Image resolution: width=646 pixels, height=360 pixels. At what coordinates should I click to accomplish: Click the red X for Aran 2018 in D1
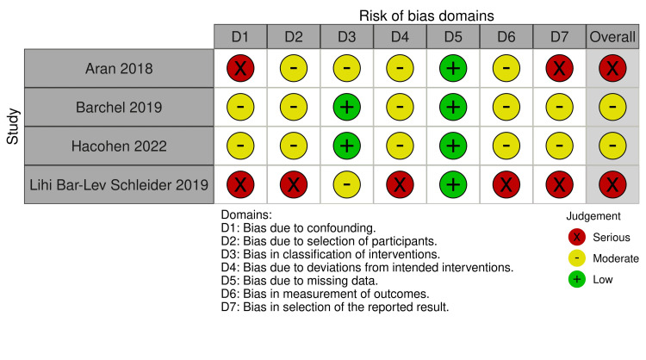240,69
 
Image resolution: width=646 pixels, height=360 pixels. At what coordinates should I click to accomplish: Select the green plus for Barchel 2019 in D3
347,108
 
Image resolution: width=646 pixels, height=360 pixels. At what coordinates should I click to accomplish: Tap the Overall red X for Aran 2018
612,69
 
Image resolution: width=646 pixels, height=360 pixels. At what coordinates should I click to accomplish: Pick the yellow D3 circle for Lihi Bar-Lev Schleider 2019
347,184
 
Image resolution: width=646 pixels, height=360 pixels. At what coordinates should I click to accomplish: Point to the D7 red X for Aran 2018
561,69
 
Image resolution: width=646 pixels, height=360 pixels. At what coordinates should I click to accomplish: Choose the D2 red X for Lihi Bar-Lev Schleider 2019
294,184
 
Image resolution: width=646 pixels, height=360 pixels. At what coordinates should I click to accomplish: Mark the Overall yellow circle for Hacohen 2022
612,146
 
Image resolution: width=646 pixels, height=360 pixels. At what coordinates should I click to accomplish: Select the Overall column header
612,37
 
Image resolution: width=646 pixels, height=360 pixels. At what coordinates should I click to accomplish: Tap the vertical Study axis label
12,127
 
